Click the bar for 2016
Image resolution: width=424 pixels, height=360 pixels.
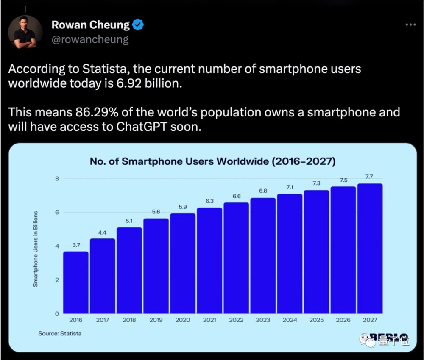click(x=76, y=282)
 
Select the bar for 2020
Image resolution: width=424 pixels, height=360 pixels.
click(x=183, y=263)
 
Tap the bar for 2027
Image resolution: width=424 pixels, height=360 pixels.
click(x=370, y=249)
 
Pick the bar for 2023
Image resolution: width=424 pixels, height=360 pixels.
click(x=263, y=255)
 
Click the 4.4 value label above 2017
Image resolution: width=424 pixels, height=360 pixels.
click(x=103, y=232)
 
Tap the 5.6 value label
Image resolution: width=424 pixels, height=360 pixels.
click(x=156, y=212)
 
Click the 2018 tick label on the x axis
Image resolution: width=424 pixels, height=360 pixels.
click(x=129, y=320)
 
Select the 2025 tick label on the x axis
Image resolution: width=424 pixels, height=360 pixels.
click(x=316, y=320)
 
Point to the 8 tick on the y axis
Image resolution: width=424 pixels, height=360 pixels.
click(x=56, y=179)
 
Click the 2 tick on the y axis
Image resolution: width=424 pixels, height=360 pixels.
click(x=56, y=280)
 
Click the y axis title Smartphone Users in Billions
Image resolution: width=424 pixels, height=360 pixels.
click(x=36, y=249)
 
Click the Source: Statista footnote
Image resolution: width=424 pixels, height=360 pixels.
click(x=60, y=333)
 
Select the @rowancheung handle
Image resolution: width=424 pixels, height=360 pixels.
click(x=90, y=39)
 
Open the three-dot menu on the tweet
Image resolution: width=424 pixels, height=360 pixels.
click(x=410, y=25)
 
